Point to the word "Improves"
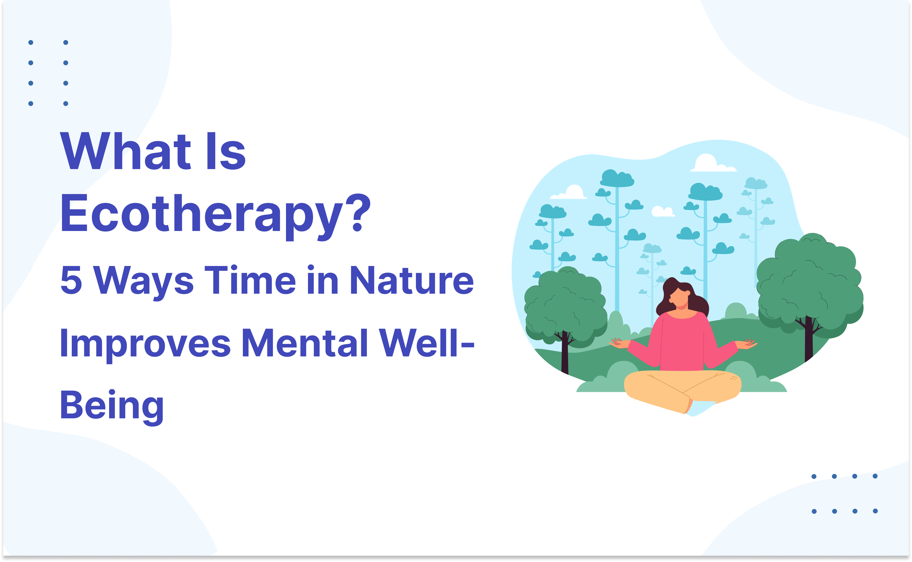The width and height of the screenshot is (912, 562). [145, 344]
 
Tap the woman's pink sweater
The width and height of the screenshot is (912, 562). [681, 342]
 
